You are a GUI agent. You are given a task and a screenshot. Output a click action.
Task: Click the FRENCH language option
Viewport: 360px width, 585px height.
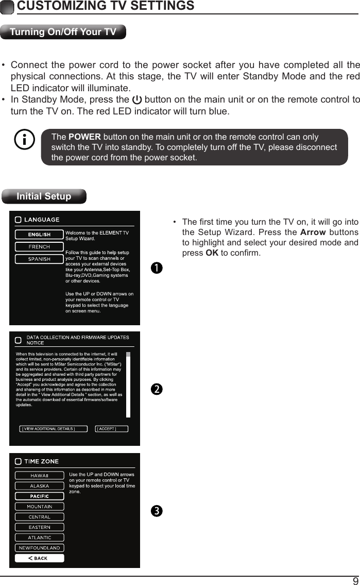39,247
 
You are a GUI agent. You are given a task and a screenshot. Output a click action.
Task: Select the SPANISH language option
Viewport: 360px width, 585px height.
39,259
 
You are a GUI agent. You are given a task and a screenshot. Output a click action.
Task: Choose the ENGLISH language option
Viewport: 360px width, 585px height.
39,235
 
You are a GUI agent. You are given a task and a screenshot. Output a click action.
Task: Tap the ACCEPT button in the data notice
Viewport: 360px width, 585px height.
111,428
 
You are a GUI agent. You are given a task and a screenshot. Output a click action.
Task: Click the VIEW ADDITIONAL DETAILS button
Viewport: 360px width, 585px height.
48,428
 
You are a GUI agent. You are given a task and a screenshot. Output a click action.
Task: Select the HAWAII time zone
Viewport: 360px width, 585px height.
40,476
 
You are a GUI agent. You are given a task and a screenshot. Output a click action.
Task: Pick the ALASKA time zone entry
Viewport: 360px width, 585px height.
40,486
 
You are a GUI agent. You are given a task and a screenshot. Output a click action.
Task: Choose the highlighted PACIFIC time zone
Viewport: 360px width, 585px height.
40,496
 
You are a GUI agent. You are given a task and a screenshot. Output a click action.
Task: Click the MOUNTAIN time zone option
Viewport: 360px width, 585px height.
40,507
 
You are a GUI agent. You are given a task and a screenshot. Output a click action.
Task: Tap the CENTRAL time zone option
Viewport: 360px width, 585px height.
40,517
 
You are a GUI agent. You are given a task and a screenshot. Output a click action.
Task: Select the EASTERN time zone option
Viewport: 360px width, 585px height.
40,527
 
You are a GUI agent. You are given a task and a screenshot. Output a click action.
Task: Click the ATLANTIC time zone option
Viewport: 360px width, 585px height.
40,538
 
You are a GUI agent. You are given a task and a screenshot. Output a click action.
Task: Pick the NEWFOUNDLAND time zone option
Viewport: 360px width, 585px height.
40,548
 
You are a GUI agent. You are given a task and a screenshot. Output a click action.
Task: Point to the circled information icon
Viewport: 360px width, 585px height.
25,140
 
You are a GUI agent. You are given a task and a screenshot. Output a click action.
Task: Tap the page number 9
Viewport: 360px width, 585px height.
355,580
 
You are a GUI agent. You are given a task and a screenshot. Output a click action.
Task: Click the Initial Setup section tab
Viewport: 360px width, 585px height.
44,196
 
